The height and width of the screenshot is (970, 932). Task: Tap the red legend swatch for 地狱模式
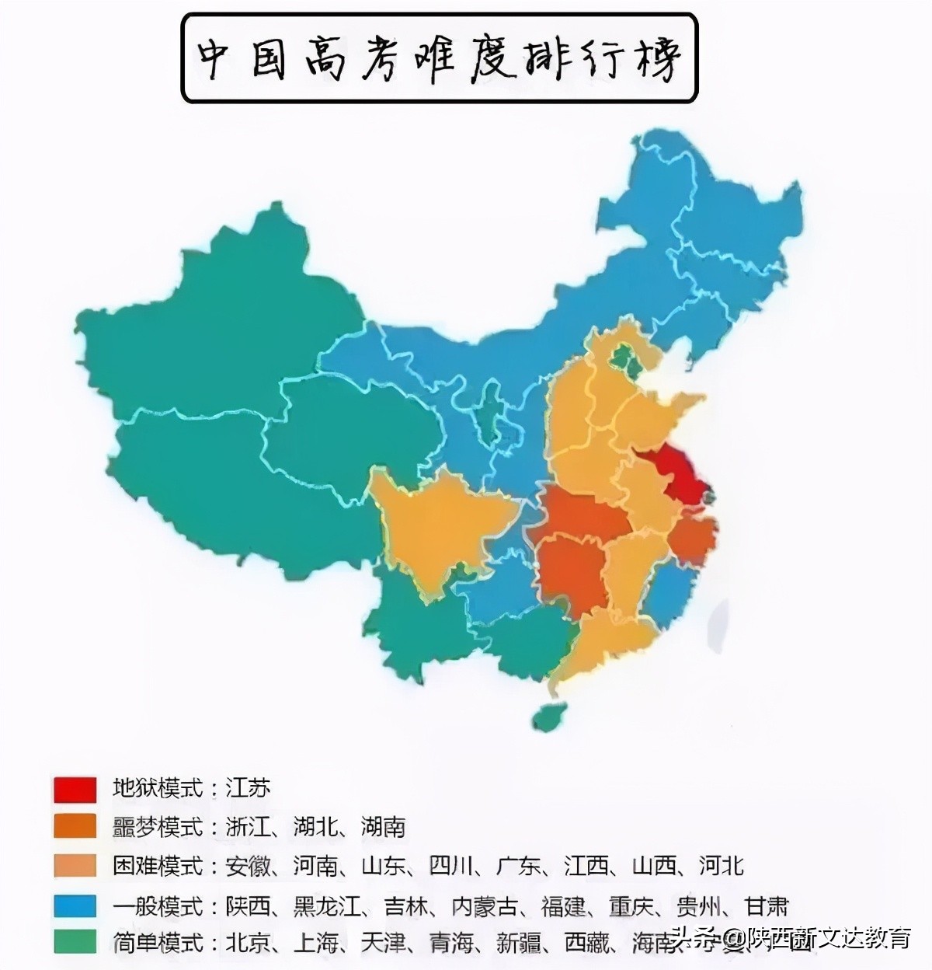click(x=75, y=789)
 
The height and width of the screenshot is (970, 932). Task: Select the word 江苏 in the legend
click(x=248, y=788)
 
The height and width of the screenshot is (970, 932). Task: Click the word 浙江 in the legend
click(x=248, y=826)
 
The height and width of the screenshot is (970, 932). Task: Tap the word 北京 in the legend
click(x=248, y=944)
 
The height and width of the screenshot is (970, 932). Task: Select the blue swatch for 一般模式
click(x=75, y=905)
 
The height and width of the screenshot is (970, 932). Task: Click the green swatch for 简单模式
click(x=75, y=943)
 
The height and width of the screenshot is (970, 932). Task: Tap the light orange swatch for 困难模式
click(x=75, y=866)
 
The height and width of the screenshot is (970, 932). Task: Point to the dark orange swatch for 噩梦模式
click(x=75, y=826)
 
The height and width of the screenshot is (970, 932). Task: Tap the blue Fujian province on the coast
click(x=669, y=595)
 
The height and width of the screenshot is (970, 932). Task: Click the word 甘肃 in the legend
click(x=767, y=905)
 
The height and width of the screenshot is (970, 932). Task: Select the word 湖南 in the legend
click(x=383, y=826)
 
